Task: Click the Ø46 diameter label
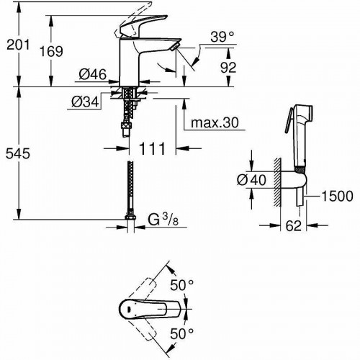coord(92,73)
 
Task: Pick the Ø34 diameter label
coord(86,102)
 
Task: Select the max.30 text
coord(213,123)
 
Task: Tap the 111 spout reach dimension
coord(152,148)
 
